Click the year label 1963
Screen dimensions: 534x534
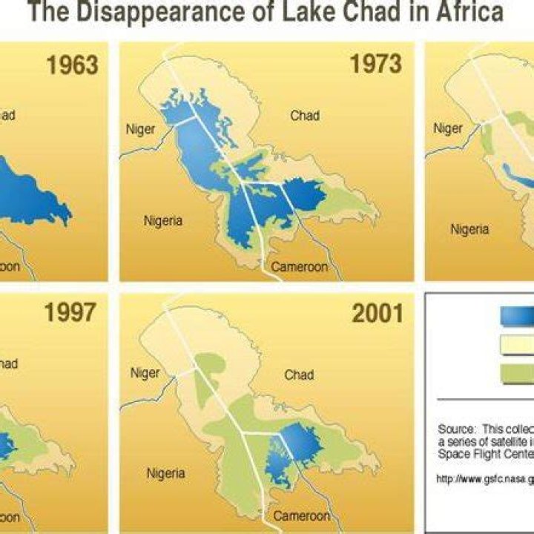tap(73, 66)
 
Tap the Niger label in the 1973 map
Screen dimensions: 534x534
tap(141, 130)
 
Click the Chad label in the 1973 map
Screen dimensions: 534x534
tap(305, 116)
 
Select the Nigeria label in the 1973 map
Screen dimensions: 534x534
tap(163, 220)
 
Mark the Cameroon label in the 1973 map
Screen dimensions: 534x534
tap(299, 266)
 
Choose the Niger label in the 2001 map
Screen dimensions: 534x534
tap(145, 373)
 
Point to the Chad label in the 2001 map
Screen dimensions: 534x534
tap(299, 375)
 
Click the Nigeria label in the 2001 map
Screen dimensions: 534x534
tap(165, 472)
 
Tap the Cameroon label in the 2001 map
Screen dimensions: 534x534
tap(301, 515)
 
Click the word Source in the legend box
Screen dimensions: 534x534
tap(455, 429)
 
